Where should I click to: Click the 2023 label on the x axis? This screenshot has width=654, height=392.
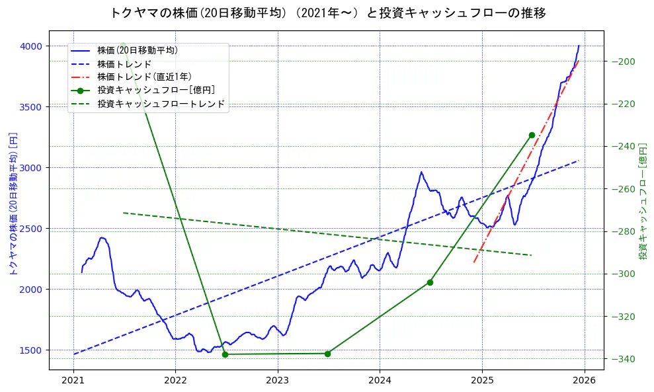coord(278,381)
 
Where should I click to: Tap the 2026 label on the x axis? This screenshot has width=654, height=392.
coord(585,381)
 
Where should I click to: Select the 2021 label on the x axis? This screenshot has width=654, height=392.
coord(73,381)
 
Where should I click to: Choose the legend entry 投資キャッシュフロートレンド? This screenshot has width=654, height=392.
coord(161,104)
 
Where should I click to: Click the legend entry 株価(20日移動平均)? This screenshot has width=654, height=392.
coord(137,50)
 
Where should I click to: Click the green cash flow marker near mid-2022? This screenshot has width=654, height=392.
coord(225,354)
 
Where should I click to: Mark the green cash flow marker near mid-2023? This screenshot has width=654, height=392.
coord(327,353)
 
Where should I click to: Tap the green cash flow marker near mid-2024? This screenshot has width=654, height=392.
coord(430,282)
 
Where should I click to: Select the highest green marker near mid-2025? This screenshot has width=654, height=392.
coord(532,135)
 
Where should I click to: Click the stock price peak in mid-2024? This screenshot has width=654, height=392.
coord(421,173)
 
